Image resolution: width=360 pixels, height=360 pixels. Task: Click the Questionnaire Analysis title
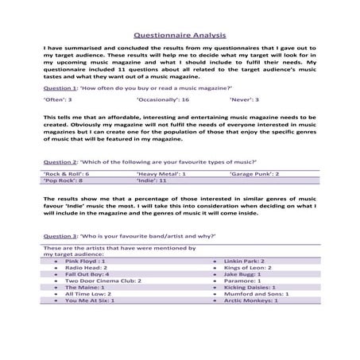pyautogui.click(x=180, y=35)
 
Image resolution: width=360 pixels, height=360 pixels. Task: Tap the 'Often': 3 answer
pyautogui.click(x=57, y=101)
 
